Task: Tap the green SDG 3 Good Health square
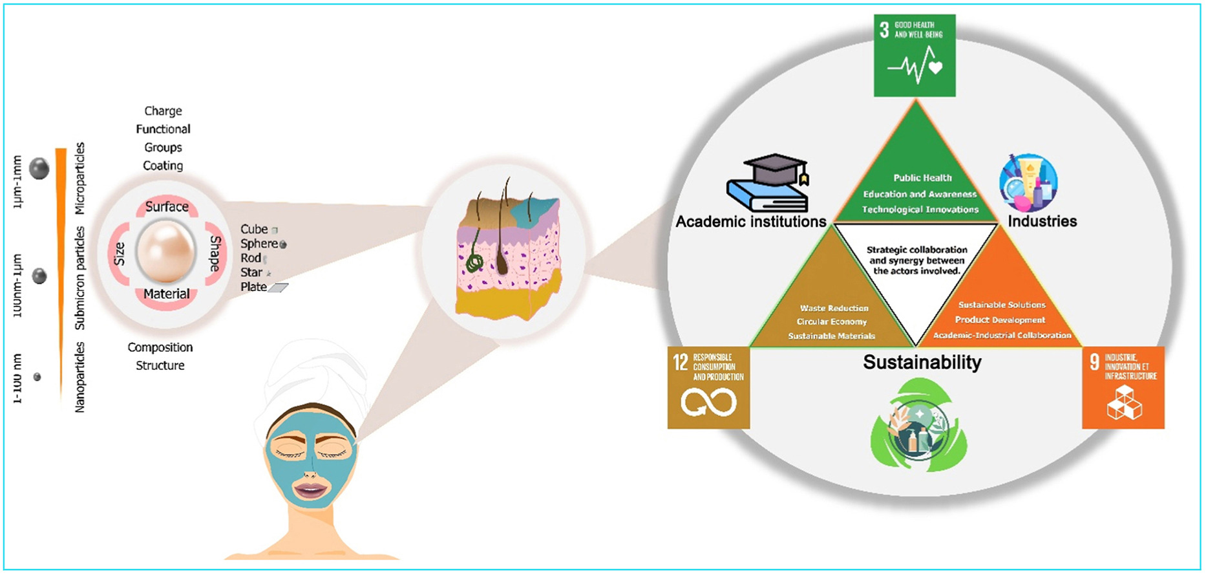pos(915,56)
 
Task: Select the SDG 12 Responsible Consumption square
pos(708,388)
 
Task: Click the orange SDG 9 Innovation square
pos(1123,388)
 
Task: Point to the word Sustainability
pos(922,362)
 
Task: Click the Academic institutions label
pos(751,222)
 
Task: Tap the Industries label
pos(1042,221)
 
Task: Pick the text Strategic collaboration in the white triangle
pos(916,250)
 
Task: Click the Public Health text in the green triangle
pos(922,178)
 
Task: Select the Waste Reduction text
pos(834,308)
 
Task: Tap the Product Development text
pos(1000,320)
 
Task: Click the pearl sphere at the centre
pos(165,250)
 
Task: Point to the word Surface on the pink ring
pos(167,207)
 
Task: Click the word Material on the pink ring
pos(167,294)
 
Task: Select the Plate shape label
pos(253,287)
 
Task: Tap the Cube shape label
pos(254,230)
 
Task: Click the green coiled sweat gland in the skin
pos(475,262)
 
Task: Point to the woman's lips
pos(310,489)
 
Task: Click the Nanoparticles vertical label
pos(80,377)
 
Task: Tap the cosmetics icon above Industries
pos(1028,183)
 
